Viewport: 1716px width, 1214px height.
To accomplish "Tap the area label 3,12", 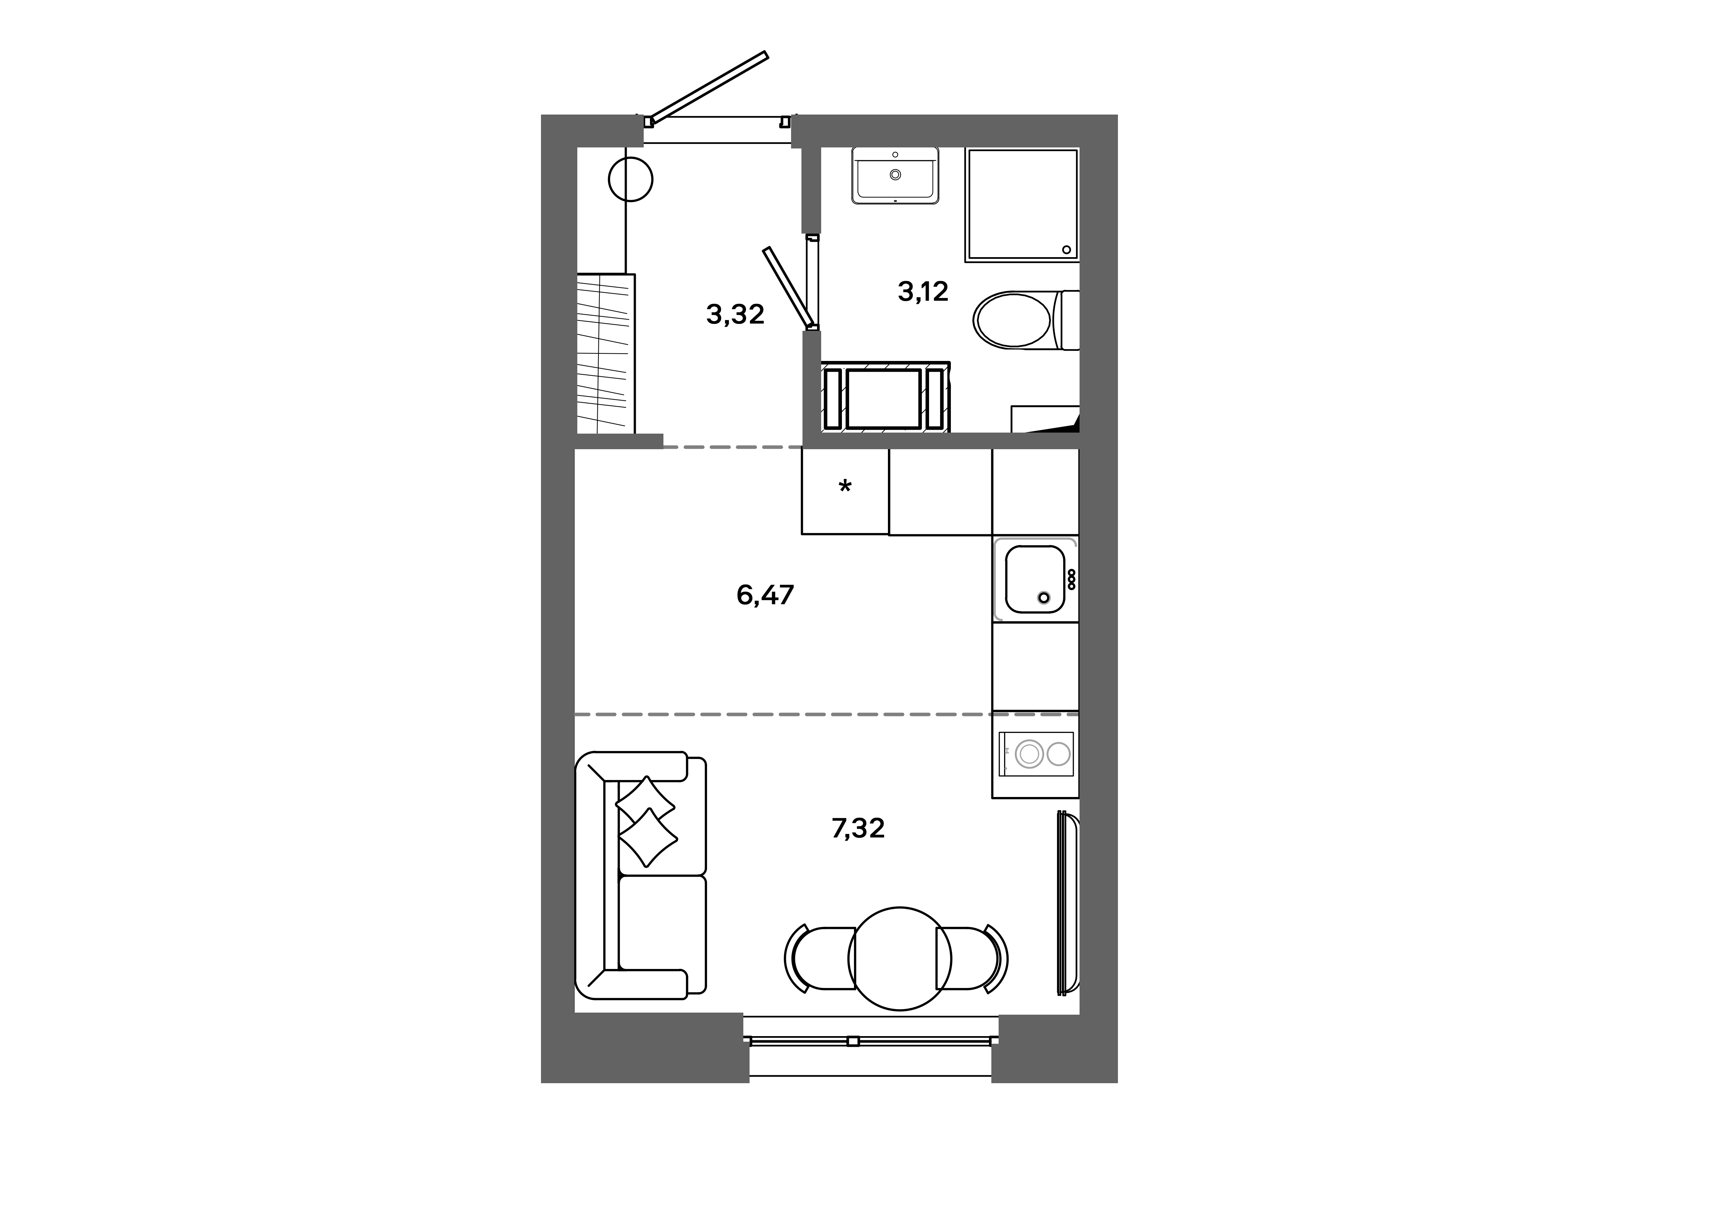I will click(x=923, y=291).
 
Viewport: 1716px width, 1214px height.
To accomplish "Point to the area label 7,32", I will click(x=858, y=828).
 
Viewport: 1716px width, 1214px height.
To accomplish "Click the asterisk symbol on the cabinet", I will click(x=845, y=487).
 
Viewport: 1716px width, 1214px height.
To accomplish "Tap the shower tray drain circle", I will click(x=1066, y=250).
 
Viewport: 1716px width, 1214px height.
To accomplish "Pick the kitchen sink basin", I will click(x=1034, y=579).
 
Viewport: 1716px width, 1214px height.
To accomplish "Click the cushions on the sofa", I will click(x=647, y=821).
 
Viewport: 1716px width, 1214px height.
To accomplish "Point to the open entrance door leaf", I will click(x=708, y=88).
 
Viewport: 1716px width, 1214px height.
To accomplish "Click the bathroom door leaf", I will click(x=789, y=288).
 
